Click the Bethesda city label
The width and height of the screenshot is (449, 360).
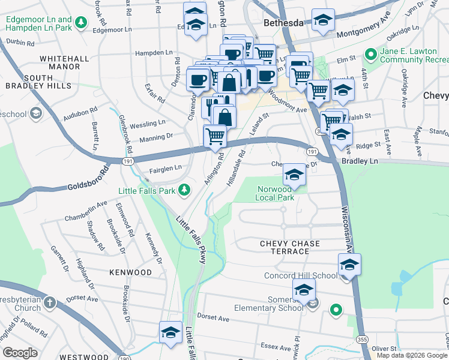(285, 23)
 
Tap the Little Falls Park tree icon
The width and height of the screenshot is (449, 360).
(185, 190)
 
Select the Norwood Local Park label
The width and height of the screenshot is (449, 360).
(274, 193)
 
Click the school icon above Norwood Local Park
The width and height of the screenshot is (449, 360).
(294, 175)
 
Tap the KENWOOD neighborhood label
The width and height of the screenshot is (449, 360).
(130, 272)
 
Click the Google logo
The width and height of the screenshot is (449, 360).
(20, 353)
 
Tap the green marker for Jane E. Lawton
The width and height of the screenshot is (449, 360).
(370, 55)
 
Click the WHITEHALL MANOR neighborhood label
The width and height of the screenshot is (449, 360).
(60, 62)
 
